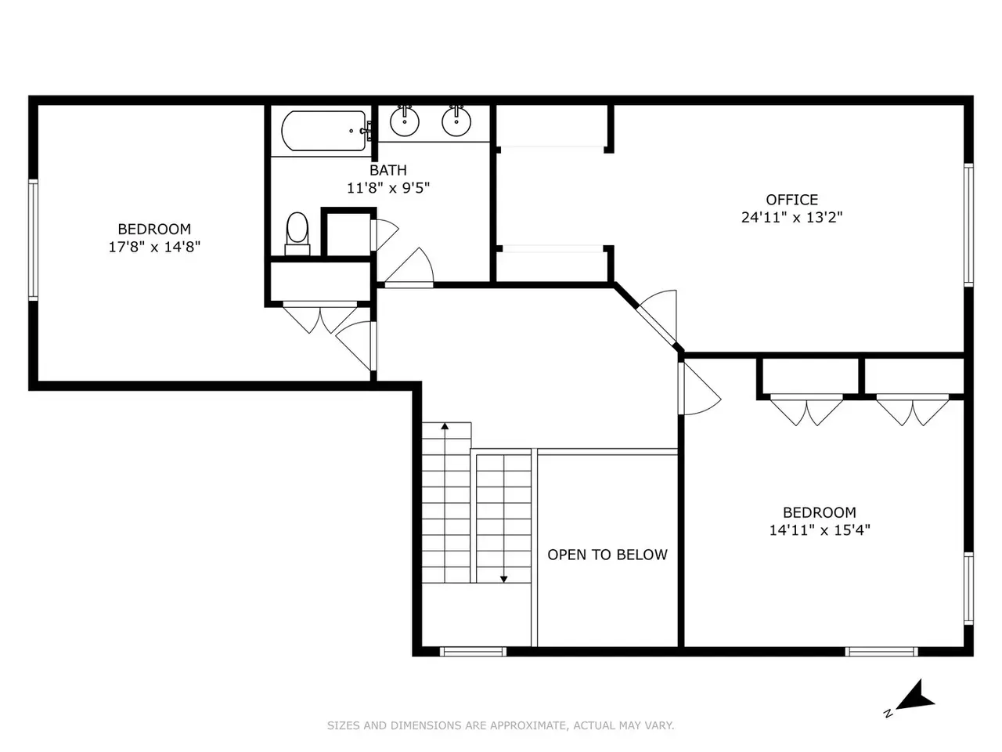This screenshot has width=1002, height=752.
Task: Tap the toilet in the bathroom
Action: tap(297, 233)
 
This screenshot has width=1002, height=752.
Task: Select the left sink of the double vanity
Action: tap(405, 121)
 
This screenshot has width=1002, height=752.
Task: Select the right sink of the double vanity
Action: tap(456, 121)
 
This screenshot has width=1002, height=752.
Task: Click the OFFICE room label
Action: tap(792, 200)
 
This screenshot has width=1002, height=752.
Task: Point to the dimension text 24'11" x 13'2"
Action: tap(792, 217)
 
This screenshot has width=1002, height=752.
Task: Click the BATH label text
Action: tap(388, 170)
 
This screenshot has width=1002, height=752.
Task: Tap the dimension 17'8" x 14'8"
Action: tap(154, 247)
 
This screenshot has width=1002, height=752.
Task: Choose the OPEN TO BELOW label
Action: tap(607, 555)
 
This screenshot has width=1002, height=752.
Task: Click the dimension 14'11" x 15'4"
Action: tap(820, 530)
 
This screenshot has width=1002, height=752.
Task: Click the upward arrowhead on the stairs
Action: tap(445, 426)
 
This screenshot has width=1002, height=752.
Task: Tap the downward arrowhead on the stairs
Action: tap(503, 580)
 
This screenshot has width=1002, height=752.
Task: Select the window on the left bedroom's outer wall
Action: tap(33, 240)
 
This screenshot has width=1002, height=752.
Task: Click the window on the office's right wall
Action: tap(968, 225)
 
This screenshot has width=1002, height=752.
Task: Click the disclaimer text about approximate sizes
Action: tap(500, 725)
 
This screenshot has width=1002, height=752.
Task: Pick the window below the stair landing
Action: tap(473, 652)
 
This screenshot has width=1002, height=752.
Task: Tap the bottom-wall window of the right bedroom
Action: tap(881, 652)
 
